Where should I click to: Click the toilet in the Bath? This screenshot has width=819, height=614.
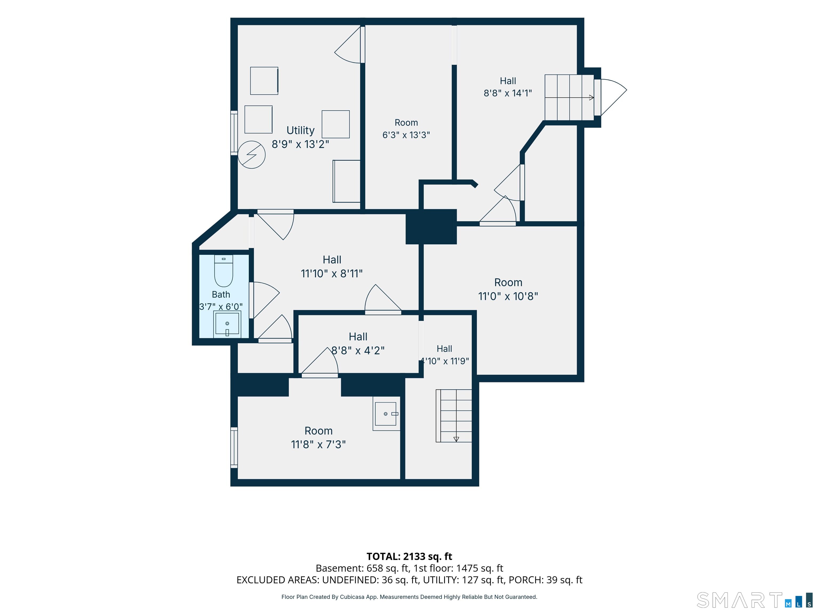(224, 271)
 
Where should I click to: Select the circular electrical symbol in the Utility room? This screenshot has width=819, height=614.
(251, 155)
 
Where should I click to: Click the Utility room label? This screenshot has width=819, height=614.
(300, 130)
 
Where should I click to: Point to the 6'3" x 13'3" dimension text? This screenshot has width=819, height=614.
(406, 135)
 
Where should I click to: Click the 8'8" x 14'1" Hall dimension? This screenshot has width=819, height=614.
(508, 93)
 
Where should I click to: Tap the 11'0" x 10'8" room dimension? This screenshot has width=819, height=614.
(508, 296)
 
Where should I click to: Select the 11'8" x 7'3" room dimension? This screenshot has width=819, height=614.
(318, 444)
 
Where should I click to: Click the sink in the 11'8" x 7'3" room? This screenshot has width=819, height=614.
(387, 414)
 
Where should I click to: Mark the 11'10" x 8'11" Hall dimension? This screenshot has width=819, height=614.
(332, 273)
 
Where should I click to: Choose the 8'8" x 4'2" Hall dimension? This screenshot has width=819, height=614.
(358, 350)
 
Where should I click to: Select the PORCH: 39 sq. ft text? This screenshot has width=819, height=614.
(545, 580)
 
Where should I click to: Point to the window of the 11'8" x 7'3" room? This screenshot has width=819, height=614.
(234, 448)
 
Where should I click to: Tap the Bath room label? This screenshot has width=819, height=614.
(221, 294)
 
